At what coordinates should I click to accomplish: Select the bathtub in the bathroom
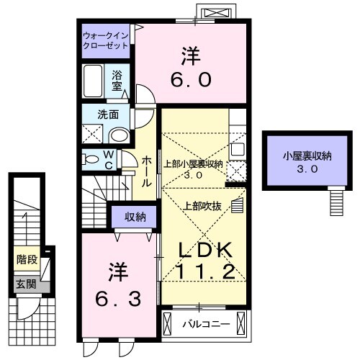(94, 80)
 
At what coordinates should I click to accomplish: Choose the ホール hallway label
(145, 171)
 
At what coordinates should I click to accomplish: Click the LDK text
(204, 250)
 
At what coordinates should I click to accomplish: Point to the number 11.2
(204, 273)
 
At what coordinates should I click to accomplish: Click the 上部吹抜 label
(207, 206)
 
